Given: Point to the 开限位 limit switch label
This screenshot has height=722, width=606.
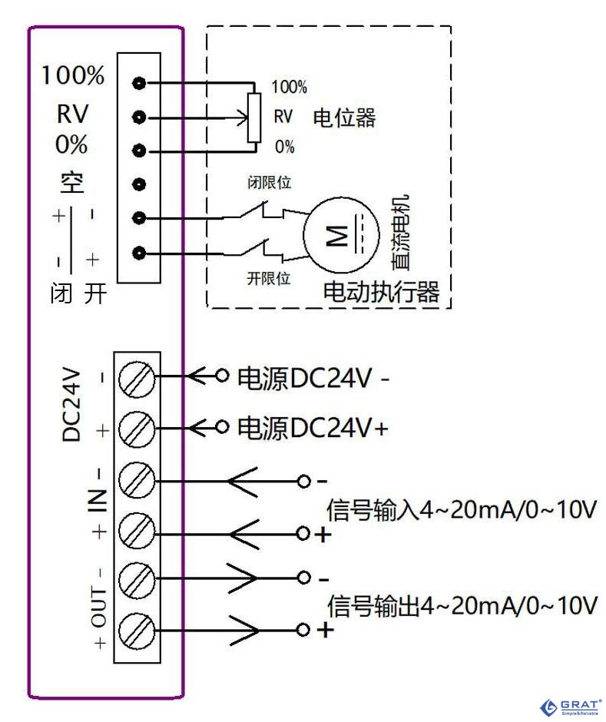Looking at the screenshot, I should (268, 279).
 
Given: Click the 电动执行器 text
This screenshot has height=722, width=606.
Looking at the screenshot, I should (381, 293).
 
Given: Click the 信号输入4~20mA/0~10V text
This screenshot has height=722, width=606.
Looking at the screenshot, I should (462, 509).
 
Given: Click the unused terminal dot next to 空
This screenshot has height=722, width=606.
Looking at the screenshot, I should (139, 184).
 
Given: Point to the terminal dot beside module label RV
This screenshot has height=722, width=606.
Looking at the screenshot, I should (139, 118).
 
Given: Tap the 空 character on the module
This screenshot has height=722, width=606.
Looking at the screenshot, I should (72, 182).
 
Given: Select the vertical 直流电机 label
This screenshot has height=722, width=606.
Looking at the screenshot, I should (399, 231).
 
